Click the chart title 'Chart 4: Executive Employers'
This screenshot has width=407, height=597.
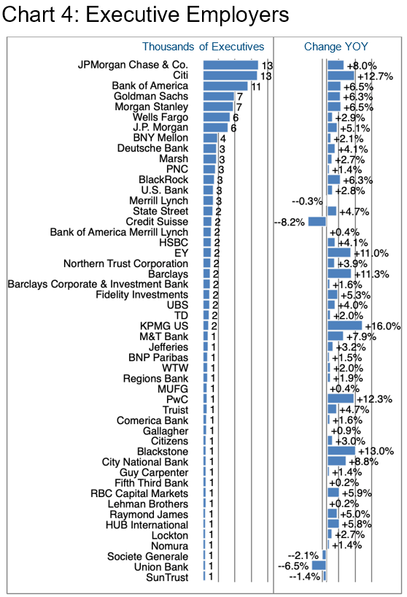(145, 15)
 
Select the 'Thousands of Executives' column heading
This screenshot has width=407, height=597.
(203, 47)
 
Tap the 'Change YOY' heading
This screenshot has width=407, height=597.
(336, 47)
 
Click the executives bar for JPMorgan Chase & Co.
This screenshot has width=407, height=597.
(230, 65)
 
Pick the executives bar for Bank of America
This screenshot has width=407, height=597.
(225, 86)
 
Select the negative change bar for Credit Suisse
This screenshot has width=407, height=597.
(317, 222)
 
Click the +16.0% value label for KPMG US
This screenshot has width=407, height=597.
(383, 326)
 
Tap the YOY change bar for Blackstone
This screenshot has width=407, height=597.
(341, 451)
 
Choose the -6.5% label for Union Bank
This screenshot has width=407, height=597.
(293, 566)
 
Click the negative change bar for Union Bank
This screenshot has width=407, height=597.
(319, 566)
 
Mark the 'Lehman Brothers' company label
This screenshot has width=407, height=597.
(148, 504)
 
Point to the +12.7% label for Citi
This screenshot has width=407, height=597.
(375, 77)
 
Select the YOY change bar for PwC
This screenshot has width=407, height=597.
(341, 398)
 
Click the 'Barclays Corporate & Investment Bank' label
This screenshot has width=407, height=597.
(98, 285)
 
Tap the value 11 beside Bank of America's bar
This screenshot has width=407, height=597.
(255, 87)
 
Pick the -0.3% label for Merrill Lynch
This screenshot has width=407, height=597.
(307, 201)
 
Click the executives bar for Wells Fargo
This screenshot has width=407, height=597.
(217, 118)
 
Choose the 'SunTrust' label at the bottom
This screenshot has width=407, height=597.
(167, 577)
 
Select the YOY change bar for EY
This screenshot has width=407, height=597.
(339, 253)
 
